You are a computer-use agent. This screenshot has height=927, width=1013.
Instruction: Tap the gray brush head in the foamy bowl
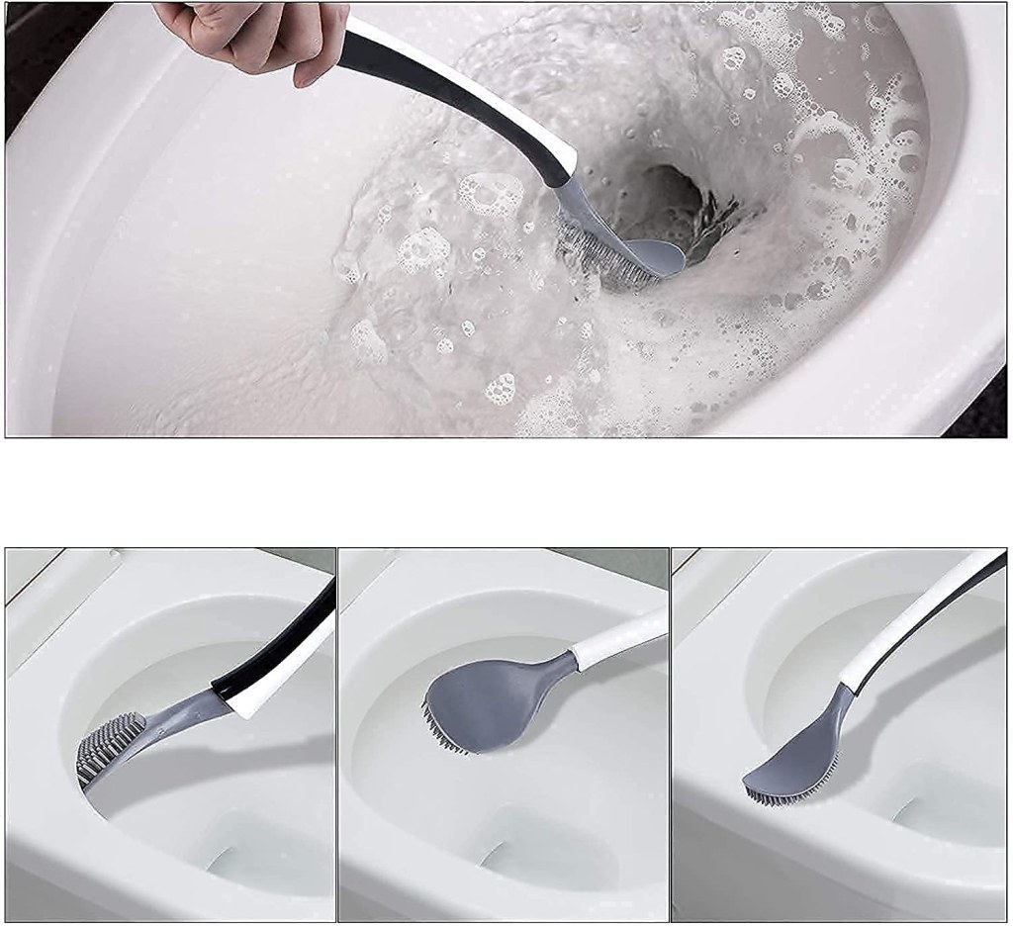[x=652, y=258]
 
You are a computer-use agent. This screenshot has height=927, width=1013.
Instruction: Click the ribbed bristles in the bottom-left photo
[x=111, y=744]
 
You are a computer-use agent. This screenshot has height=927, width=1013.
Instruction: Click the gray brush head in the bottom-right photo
[x=791, y=762]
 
